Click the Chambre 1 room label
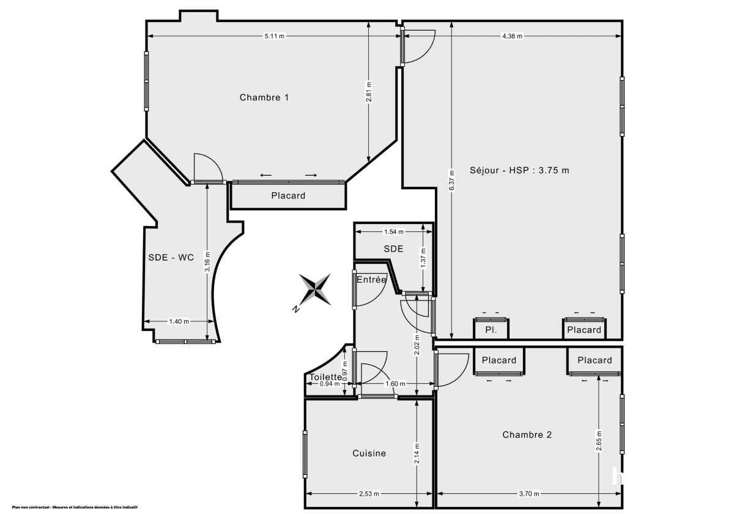point(264,97)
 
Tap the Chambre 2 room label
point(527,435)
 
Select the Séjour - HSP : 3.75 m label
point(519,170)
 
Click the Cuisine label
point(369,454)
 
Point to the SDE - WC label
point(171,258)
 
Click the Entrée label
point(372,280)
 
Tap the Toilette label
point(326,377)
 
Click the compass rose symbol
point(315,289)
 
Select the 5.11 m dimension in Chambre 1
point(274,36)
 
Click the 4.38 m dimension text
point(512,36)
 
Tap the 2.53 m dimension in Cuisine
point(369,494)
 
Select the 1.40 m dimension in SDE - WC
point(178,321)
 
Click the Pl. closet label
point(491,330)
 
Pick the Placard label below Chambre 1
point(288,196)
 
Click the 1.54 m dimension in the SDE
point(393,232)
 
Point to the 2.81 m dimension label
point(369,92)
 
